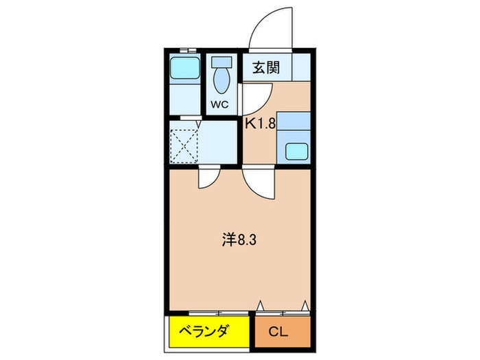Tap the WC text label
[219, 104]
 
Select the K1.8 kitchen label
[260, 124]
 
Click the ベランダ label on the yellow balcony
[204, 332]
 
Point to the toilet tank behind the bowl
[221, 61]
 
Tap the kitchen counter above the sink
[296, 123]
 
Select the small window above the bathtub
[185, 49]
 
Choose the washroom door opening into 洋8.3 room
[207, 178]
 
